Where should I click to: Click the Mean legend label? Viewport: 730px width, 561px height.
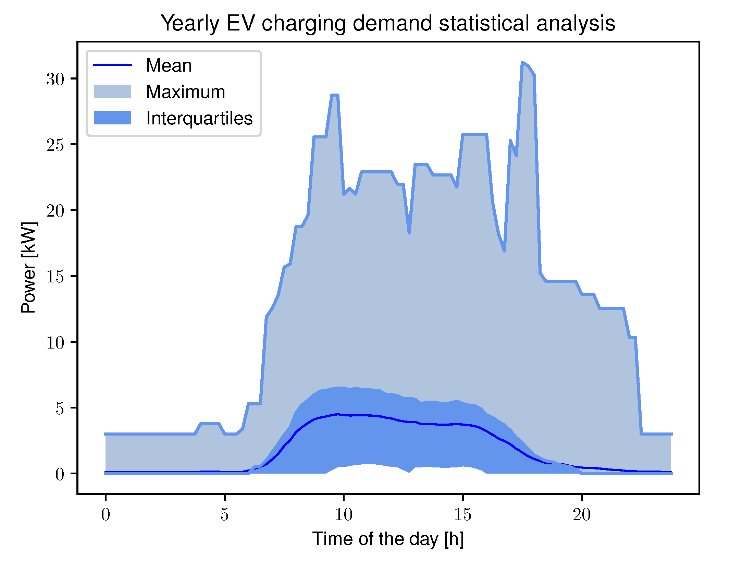169,65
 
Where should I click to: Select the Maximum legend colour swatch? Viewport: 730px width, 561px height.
112,92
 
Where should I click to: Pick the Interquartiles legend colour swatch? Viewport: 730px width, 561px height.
112,118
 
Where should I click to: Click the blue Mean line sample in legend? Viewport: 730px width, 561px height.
112,65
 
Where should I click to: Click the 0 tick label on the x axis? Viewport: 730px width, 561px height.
106,515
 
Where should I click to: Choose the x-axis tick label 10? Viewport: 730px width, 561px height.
343,515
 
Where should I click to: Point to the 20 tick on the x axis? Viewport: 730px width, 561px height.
581,515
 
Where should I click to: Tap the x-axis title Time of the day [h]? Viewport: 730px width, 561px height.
388,539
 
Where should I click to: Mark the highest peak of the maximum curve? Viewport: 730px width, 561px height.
522,62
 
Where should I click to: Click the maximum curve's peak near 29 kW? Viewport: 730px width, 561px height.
335,95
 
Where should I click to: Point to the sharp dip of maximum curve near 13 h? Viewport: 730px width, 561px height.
409,233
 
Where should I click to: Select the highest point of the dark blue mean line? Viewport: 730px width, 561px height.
338,414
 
